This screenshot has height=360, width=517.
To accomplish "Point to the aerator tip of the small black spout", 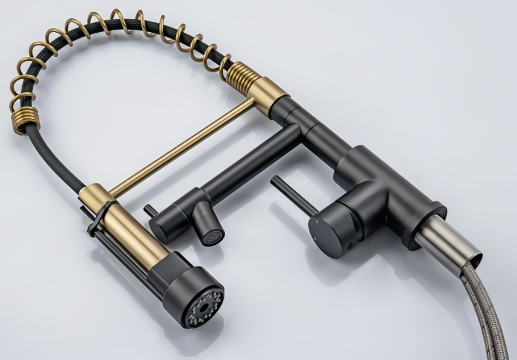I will pyautogui.click(x=211, y=237).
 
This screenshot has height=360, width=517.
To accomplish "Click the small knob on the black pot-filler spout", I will pyautogui.click(x=149, y=211).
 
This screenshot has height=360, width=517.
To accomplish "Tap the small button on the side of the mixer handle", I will pyautogui.click(x=351, y=245).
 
